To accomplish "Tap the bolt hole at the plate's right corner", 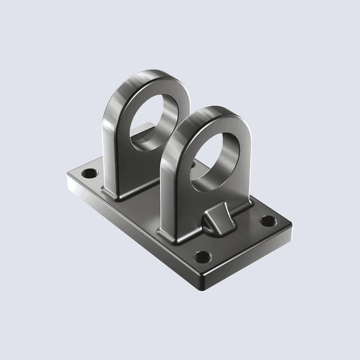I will click(x=268, y=220).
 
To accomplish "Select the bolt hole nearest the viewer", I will click(x=202, y=258).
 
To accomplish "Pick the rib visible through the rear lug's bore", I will click(x=145, y=128).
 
